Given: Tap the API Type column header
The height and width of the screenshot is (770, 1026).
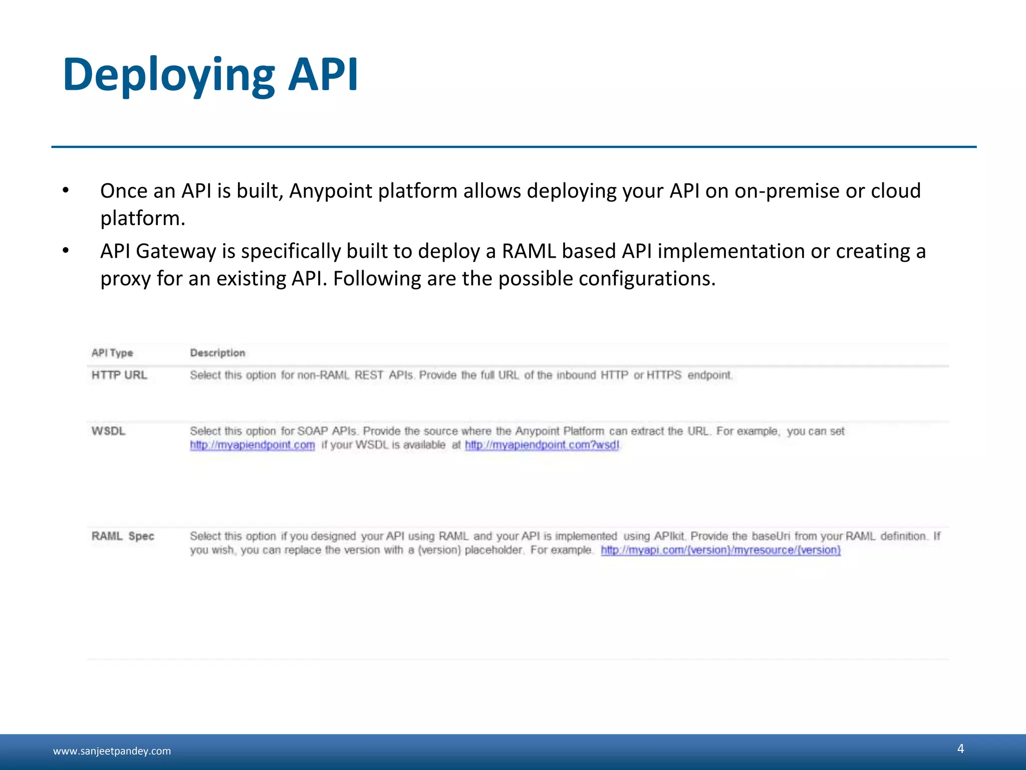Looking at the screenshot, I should pos(112,353).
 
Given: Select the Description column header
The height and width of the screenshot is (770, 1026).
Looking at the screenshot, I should pos(217,353).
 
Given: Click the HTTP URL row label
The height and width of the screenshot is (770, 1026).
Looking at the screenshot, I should pos(119,375).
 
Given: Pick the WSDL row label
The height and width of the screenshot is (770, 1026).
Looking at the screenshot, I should pos(108,431).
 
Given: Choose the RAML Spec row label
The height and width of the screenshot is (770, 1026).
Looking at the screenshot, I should pos(123,536).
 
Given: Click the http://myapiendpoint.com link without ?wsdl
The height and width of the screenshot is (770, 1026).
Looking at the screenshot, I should pos(252,445).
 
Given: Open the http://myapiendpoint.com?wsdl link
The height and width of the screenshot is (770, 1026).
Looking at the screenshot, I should pos(542,445).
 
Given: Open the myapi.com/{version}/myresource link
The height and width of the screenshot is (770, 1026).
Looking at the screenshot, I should pos(720,550).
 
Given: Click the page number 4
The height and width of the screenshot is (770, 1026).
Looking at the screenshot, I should pos(960,748).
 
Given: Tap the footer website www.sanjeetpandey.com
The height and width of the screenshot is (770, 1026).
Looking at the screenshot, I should pos(112,751).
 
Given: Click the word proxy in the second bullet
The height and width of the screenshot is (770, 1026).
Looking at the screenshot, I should pos(125,279).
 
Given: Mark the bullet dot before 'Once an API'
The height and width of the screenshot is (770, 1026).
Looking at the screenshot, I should pos(66,191).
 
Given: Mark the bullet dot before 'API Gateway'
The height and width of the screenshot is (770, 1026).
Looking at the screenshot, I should pos(66,251).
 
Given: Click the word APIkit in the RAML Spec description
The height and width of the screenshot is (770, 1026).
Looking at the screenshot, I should pos(669,536).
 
